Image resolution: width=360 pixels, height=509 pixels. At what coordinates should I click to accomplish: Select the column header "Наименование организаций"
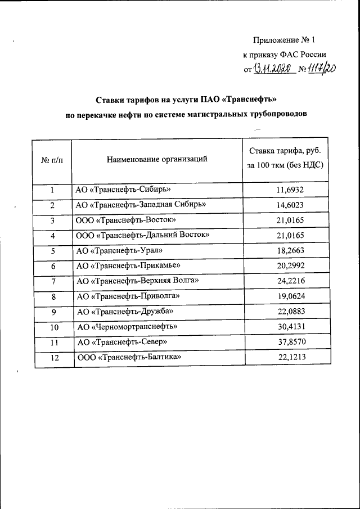[157, 159]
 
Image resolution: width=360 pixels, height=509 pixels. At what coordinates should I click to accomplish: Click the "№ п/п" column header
[53, 160]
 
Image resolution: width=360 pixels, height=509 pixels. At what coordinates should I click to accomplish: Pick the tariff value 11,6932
[290, 190]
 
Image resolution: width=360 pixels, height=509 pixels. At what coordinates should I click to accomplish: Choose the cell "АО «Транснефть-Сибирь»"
[123, 190]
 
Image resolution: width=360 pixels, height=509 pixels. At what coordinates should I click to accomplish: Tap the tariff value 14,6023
[290, 205]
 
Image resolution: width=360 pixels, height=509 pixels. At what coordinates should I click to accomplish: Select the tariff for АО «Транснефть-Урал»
[290, 251]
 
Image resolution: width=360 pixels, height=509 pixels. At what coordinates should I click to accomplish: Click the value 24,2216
[290, 281]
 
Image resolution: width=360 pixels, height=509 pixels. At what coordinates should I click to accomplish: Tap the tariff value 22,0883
[290, 311]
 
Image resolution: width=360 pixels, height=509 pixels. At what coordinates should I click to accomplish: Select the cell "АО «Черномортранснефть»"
[128, 326]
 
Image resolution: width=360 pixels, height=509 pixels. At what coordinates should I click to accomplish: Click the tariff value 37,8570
[290, 341]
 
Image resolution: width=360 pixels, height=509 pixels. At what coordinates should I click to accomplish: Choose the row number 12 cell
[54, 357]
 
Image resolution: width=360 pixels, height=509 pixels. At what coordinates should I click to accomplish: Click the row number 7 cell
[53, 281]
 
